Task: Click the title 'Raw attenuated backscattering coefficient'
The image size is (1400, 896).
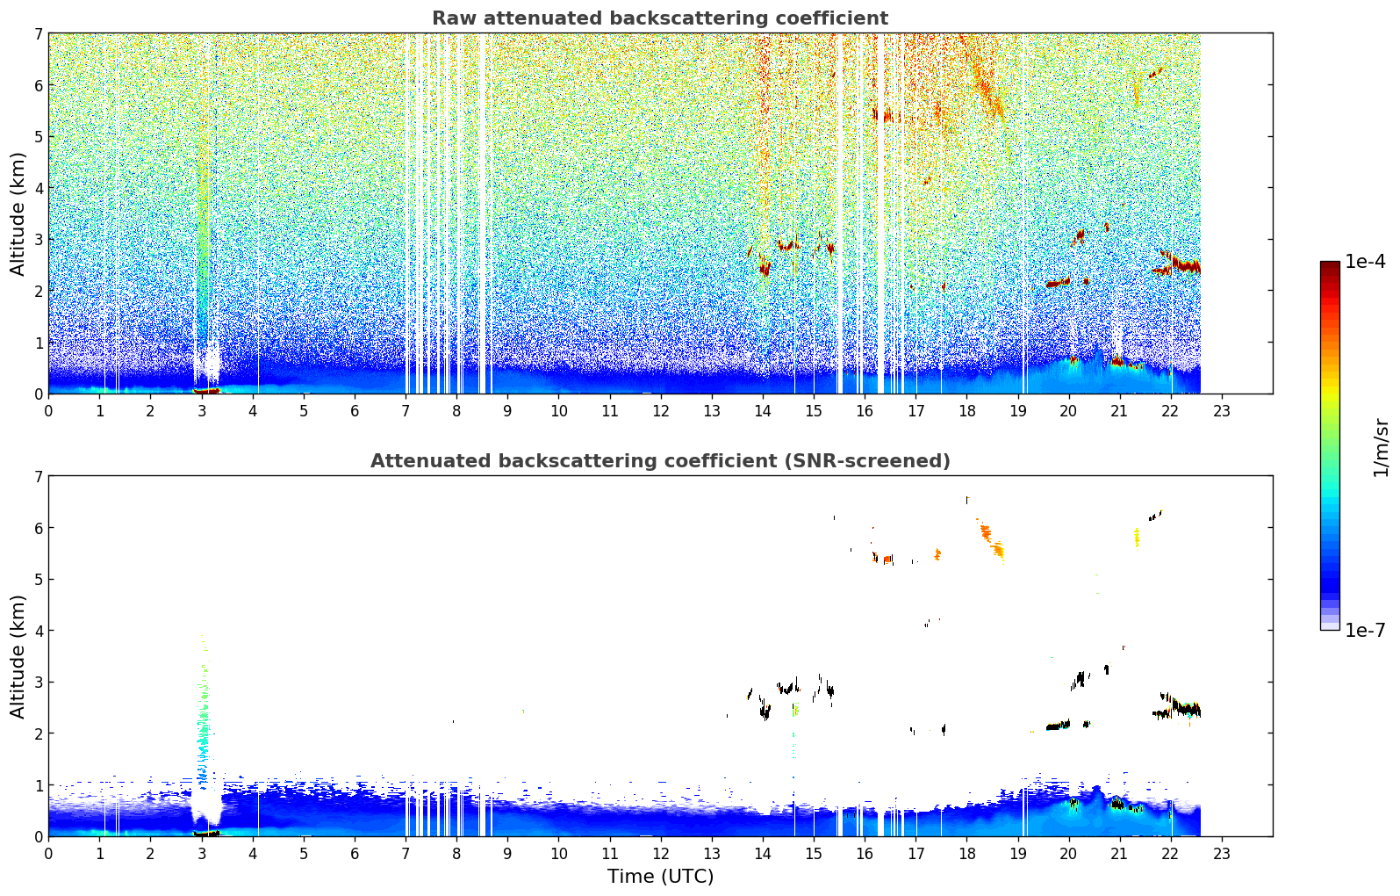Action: (x=660, y=18)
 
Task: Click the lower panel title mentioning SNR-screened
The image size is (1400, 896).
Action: (x=660, y=461)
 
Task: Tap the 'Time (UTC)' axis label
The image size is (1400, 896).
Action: (x=660, y=876)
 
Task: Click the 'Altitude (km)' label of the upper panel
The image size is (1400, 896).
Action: (x=18, y=214)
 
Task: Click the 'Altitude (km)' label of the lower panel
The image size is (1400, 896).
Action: (x=18, y=657)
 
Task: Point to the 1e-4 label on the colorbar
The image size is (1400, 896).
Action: (x=1365, y=262)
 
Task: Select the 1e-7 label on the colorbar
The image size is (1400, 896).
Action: (x=1365, y=630)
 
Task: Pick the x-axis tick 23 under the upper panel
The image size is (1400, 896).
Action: (x=1221, y=411)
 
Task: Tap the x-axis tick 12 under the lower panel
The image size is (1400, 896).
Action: (x=661, y=854)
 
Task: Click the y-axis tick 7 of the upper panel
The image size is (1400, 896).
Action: (x=39, y=33)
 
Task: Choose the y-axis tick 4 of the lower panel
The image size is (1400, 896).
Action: (x=39, y=631)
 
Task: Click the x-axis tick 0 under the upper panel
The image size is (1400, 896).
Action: (x=49, y=411)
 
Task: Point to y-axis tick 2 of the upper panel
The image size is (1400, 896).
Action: (x=39, y=291)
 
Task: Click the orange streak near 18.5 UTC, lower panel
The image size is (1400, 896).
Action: (x=991, y=540)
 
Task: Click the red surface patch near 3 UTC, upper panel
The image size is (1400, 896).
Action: (x=206, y=391)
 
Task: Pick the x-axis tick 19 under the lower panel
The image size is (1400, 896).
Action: (x=1017, y=854)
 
